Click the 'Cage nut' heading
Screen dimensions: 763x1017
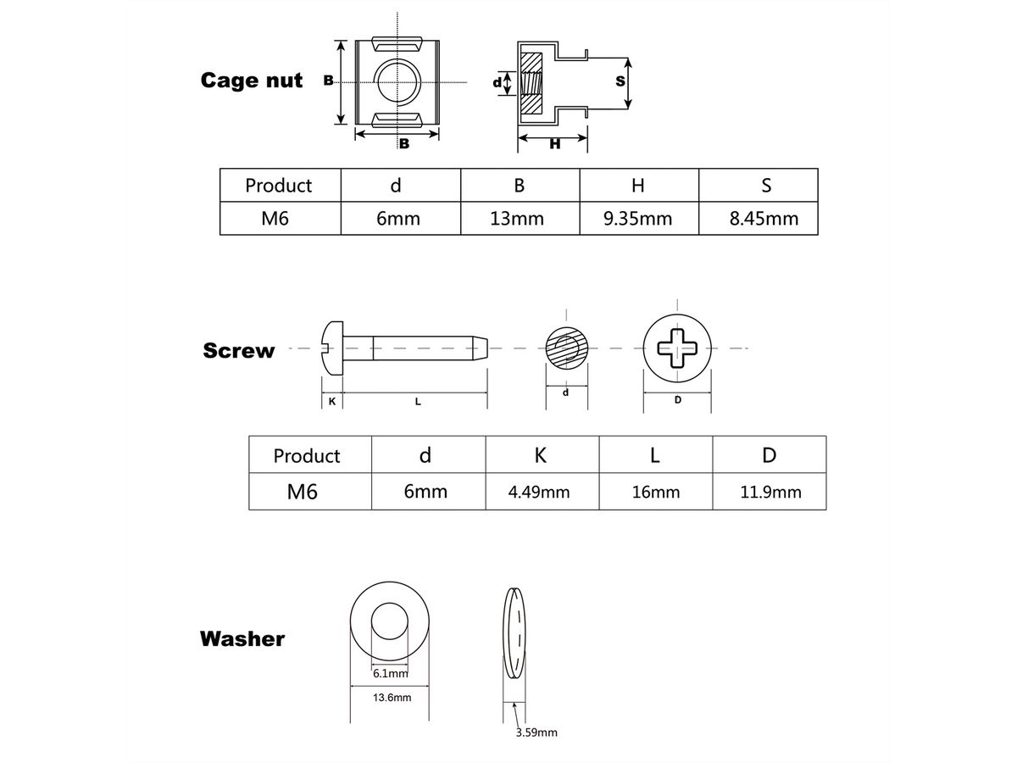pyautogui.click(x=251, y=81)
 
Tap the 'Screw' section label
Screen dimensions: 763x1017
pyautogui.click(x=239, y=351)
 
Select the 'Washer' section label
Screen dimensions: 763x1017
pyautogui.click(x=242, y=638)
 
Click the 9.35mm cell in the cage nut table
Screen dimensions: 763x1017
pyautogui.click(x=638, y=219)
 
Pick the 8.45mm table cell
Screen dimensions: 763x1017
pyautogui.click(x=764, y=219)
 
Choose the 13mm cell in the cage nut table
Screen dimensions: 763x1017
pyautogui.click(x=517, y=219)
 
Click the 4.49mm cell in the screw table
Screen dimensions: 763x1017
pyautogui.click(x=539, y=492)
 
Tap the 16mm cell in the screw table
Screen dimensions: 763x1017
pyautogui.click(x=656, y=492)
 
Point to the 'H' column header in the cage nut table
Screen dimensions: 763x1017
pyautogui.click(x=638, y=185)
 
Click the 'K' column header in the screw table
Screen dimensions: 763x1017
pyautogui.click(x=541, y=455)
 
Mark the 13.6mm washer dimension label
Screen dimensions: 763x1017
pyautogui.click(x=392, y=698)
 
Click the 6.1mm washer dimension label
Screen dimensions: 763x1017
pyautogui.click(x=391, y=674)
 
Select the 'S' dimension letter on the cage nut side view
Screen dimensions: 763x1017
pyautogui.click(x=620, y=81)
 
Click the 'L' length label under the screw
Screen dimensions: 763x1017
pyautogui.click(x=418, y=402)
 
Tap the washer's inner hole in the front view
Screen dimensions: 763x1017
pyautogui.click(x=391, y=622)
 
